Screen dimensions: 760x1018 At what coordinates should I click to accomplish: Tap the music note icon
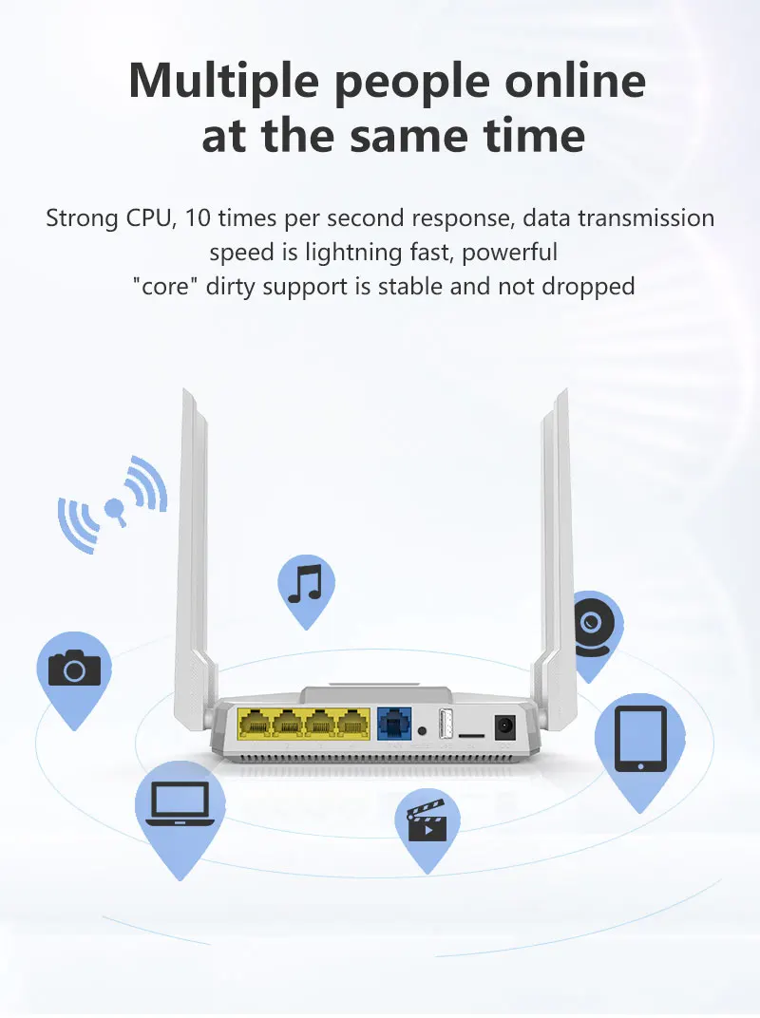(305, 584)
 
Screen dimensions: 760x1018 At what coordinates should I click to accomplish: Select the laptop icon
(180, 803)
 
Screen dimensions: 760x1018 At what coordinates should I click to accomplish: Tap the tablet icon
(640, 738)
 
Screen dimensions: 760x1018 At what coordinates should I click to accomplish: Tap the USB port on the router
(445, 725)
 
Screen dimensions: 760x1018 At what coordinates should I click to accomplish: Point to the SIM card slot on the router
(470, 734)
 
